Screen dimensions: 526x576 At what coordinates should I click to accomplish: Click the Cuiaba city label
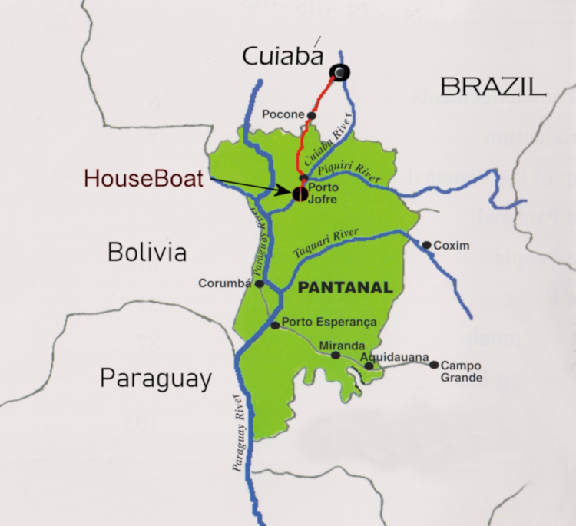(x=280, y=56)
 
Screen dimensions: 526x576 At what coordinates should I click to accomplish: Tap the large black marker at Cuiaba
(x=339, y=72)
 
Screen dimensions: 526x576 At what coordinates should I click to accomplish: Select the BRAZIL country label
(x=493, y=86)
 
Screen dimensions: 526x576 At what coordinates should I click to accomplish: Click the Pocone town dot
(x=312, y=116)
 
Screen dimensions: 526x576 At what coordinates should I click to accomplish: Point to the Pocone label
(x=283, y=115)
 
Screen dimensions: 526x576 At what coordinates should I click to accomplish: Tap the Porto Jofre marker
(x=296, y=192)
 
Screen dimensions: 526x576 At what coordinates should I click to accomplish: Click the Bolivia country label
(x=147, y=252)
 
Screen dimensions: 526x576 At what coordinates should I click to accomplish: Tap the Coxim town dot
(x=426, y=245)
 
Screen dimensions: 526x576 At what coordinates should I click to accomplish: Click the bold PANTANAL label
(x=344, y=288)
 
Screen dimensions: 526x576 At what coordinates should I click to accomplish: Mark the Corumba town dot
(x=260, y=283)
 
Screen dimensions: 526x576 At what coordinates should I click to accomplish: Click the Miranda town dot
(x=336, y=355)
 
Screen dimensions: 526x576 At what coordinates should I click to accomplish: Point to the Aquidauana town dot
(x=369, y=366)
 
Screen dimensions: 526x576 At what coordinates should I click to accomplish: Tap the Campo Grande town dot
(x=434, y=366)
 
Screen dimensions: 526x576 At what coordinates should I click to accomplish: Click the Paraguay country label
(x=155, y=378)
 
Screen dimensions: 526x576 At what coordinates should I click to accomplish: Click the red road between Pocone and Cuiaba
(x=321, y=96)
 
